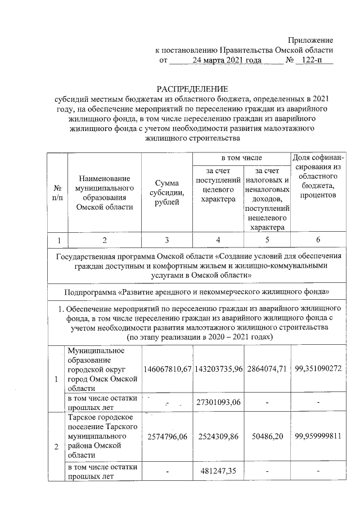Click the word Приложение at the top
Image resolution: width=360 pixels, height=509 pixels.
pyautogui.click(x=310, y=40)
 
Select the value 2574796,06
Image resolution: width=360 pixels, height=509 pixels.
pyautogui.click(x=168, y=436)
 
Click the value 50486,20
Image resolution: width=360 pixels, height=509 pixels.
pyautogui.click(x=267, y=436)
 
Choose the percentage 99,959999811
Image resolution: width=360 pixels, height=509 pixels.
pyautogui.click(x=318, y=436)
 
